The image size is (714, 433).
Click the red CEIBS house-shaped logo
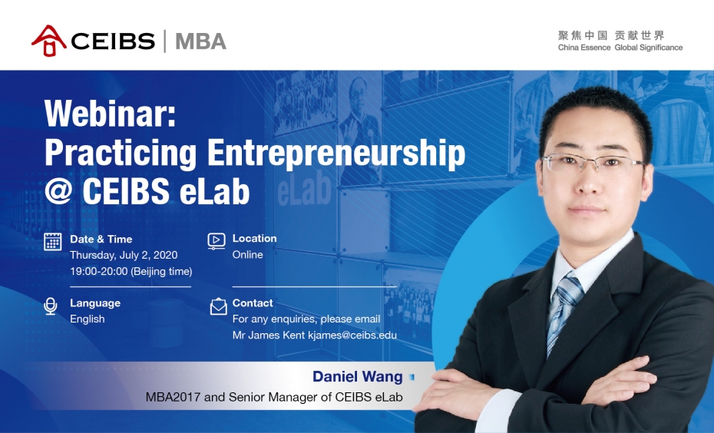(x=48, y=41)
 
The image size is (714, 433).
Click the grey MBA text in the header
(x=200, y=41)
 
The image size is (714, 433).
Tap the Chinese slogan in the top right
(x=612, y=35)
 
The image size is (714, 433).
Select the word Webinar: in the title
(x=110, y=113)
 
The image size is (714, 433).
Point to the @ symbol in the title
(x=59, y=190)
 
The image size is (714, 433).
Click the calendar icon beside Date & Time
(x=52, y=241)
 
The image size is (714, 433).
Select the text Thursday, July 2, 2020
(x=124, y=255)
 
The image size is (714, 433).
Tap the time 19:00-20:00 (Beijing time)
(x=131, y=271)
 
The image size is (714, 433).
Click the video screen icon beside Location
(x=217, y=241)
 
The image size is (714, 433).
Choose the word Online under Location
(x=248, y=255)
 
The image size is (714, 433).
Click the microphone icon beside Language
(x=51, y=306)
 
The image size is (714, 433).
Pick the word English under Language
(x=88, y=319)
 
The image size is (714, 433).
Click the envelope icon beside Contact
(x=219, y=306)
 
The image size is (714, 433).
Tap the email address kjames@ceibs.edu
(x=352, y=335)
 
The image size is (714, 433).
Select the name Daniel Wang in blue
(x=358, y=376)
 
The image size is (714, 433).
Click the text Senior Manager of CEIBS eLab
(x=316, y=397)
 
